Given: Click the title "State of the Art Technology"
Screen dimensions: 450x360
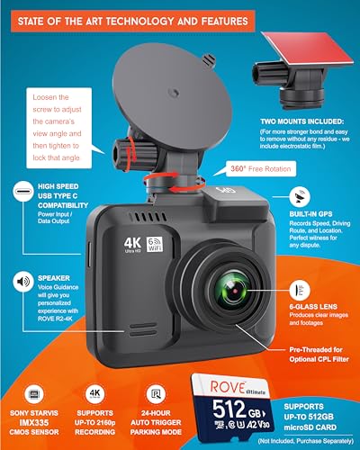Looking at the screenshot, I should click(180, 15).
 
